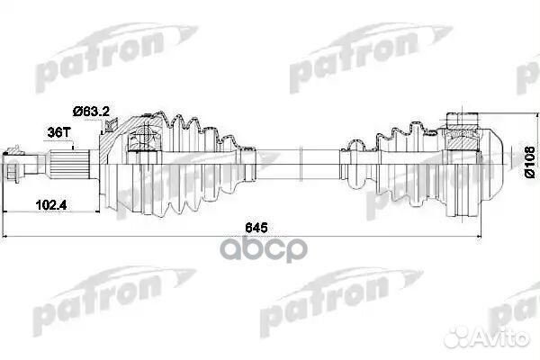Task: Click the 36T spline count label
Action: coord(58,132)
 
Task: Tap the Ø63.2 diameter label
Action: coord(91,112)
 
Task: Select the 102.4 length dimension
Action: coord(51,205)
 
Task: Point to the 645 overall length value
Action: coord(256,228)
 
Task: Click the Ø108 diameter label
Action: coord(530,162)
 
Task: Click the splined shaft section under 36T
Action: coord(69,164)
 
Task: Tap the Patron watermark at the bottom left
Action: coord(113,299)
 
